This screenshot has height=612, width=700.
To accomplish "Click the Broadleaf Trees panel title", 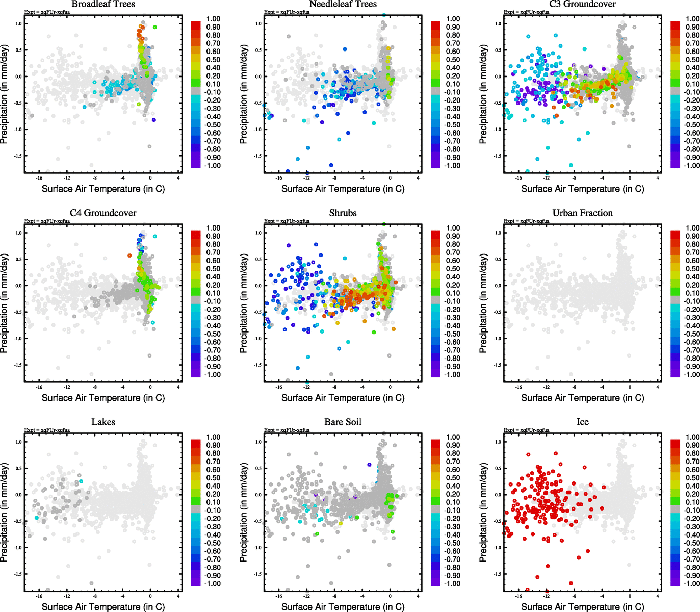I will [x=103, y=4].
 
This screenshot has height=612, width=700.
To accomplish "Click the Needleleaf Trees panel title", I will [x=343, y=4].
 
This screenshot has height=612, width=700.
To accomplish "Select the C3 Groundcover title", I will [x=582, y=4].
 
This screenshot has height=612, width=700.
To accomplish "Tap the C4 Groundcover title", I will [x=103, y=213].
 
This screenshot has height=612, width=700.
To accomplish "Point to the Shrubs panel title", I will [x=343, y=213].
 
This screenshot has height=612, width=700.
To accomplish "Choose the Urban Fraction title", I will [x=582, y=213].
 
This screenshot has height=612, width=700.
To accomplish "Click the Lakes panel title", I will [x=103, y=422].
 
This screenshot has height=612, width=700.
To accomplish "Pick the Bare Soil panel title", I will [x=343, y=422].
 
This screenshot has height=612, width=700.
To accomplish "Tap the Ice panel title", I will [x=582, y=422].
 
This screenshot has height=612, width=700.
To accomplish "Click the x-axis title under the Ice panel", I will [x=582, y=606].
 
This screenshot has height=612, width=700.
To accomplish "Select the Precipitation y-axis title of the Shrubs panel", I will [x=243, y=304].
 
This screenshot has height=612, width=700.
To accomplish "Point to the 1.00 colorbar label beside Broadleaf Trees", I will [x=213, y=19].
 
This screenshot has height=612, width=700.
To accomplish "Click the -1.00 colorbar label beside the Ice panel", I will [x=692, y=583].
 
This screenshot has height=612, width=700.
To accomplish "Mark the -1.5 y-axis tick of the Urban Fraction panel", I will [x=497, y=365].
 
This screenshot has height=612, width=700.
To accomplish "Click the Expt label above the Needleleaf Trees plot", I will [x=287, y=12].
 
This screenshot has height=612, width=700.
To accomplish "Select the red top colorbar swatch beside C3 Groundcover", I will [x=675, y=25].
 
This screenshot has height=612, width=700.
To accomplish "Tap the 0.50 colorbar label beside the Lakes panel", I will [x=213, y=478].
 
